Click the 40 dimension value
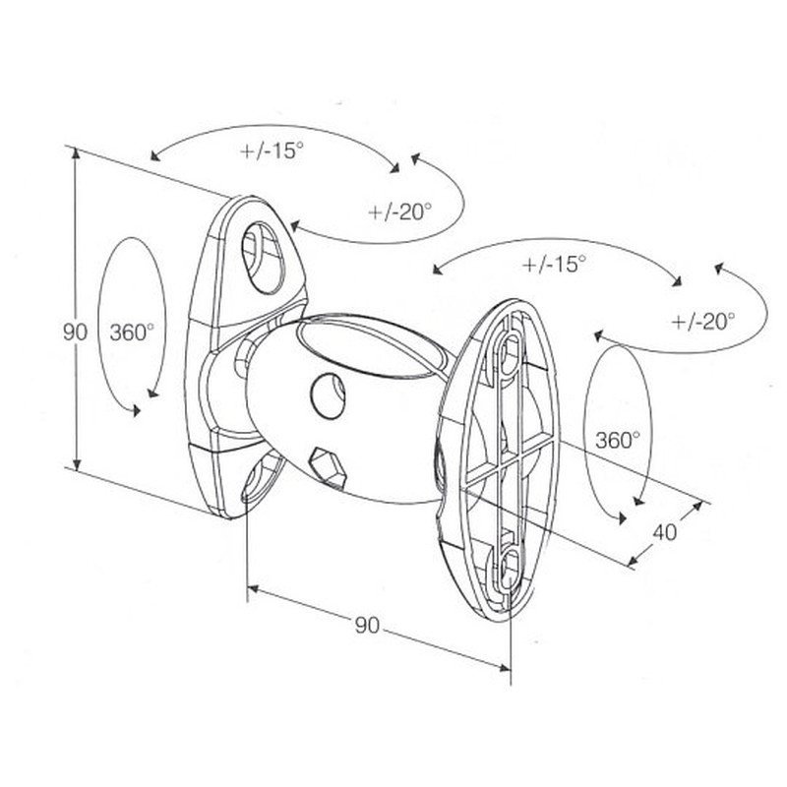tap(665, 531)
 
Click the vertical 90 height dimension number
tap(75, 332)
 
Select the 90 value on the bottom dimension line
tap(367, 625)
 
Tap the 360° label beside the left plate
tap(132, 332)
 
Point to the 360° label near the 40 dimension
tap(618, 440)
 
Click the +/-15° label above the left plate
tap(272, 151)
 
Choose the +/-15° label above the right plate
tap(554, 264)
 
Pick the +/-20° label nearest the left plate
tap(399, 212)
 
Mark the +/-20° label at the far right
tap(702, 321)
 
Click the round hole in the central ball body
tap(329, 395)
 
